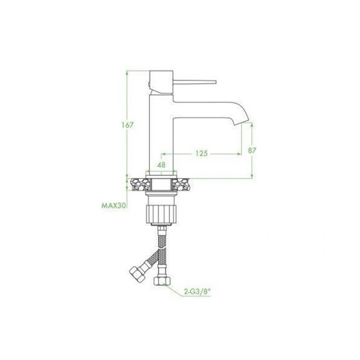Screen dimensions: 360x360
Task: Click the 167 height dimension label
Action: pos(127,125)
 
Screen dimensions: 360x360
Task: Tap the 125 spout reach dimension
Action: pos(201,153)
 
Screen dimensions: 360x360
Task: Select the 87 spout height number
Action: pos(252,150)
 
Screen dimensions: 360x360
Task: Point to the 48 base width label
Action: pos(162,165)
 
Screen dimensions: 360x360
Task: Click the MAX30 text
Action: pos(114,205)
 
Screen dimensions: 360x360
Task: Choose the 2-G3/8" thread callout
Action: pos(197,292)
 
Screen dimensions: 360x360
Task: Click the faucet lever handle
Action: pos(194,82)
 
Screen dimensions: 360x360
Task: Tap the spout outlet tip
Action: pos(242,123)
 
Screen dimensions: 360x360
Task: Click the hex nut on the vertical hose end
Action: pos(162,281)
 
